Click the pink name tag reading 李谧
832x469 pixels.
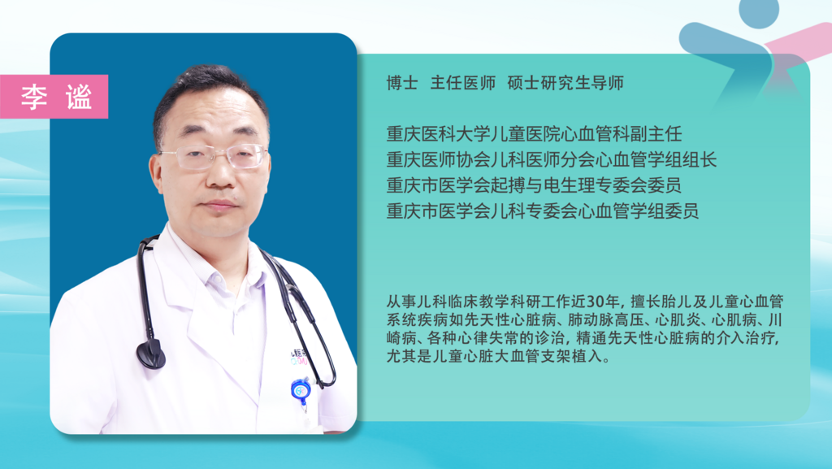pos(54,97)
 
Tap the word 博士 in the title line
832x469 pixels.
pos(402,83)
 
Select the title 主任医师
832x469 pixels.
pos(462,83)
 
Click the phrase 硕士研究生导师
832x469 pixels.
pos(565,83)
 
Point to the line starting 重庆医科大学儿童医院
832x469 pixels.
pos(535,133)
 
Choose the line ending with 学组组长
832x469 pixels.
pos(552,159)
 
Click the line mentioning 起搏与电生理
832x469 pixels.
pos(535,185)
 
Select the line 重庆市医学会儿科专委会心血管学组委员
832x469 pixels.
pos(543,211)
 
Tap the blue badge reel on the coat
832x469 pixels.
pos(301,390)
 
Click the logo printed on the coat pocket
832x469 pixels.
pos(299,358)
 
